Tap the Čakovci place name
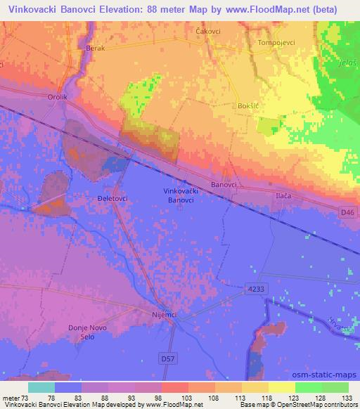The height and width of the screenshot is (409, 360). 209,32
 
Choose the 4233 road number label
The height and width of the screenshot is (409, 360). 255,288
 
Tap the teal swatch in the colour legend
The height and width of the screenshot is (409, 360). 40,387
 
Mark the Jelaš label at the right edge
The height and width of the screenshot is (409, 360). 349,63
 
